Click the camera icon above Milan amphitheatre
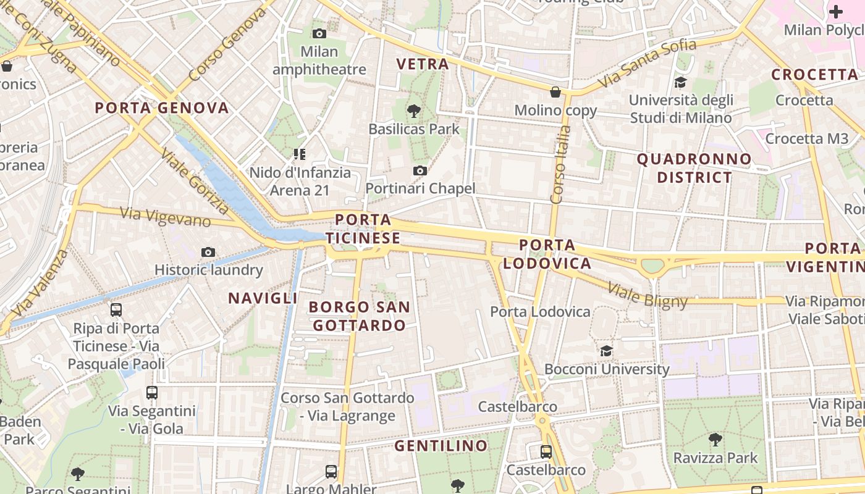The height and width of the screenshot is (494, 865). click(x=319, y=33)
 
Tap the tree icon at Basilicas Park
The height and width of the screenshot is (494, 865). click(x=414, y=112)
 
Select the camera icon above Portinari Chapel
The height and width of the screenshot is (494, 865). click(x=420, y=170)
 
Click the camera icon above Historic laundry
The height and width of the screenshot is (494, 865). click(x=208, y=252)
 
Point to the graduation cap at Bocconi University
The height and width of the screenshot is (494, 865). click(x=607, y=351)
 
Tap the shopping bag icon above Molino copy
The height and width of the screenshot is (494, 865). click(x=555, y=92)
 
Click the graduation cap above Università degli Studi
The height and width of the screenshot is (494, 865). click(x=680, y=83)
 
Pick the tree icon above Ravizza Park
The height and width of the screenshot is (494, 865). click(x=715, y=440)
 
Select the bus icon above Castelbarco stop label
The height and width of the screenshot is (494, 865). click(x=546, y=451)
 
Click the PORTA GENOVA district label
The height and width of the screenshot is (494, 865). click(x=162, y=108)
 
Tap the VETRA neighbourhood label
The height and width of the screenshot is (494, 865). click(x=423, y=64)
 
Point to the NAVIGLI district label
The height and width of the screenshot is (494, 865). click(x=263, y=298)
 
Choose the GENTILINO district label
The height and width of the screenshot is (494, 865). click(x=441, y=445)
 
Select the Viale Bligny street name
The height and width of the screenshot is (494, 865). click(x=648, y=295)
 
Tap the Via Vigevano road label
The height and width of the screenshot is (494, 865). click(x=166, y=217)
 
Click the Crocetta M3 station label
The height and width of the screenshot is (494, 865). click(x=807, y=139)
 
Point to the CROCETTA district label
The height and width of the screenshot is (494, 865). click(x=815, y=75)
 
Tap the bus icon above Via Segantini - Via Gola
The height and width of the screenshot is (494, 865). click(x=152, y=392)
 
